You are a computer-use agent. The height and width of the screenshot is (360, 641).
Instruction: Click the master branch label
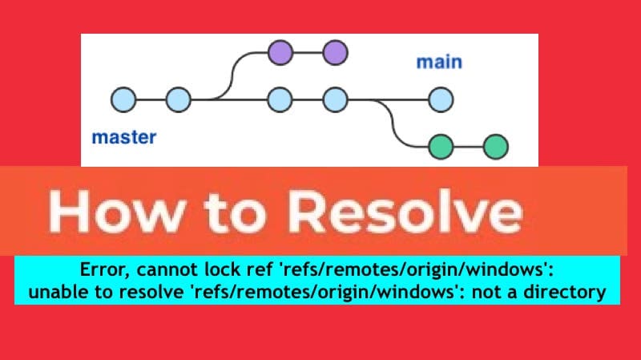click(123, 137)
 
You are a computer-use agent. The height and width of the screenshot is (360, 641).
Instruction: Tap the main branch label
click(439, 62)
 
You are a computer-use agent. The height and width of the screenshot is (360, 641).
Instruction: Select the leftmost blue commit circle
click(124, 100)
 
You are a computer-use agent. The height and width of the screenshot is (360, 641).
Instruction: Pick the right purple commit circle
click(335, 54)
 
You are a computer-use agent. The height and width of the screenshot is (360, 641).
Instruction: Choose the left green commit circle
click(441, 147)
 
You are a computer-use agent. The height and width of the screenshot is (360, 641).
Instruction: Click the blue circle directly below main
click(441, 100)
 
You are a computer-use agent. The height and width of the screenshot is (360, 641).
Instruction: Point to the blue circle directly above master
click(178, 100)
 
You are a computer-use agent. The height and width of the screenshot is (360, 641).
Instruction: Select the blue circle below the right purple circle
click(335, 100)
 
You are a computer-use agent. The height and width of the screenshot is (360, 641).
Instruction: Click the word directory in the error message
click(565, 293)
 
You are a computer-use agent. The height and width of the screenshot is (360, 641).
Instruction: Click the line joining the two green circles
click(469, 147)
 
